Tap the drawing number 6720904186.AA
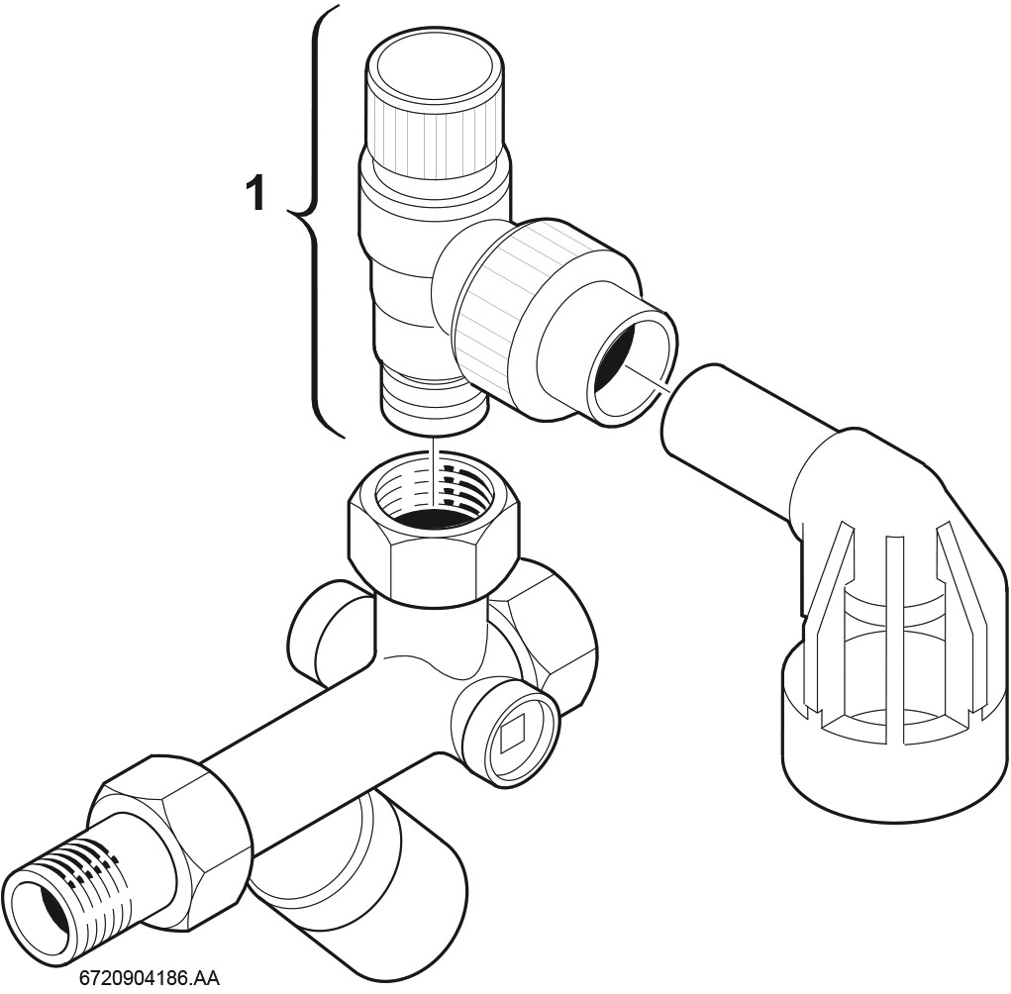tap(149, 977)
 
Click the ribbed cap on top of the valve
tap(435, 102)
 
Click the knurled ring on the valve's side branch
tap(496, 303)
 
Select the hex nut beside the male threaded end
tap(175, 845)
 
